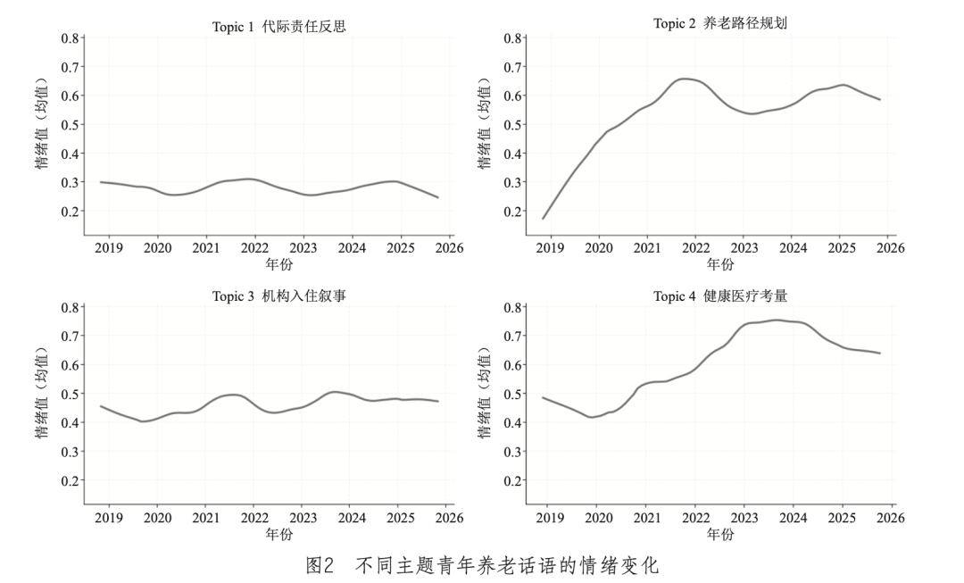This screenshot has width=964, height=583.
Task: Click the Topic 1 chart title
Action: click(279, 27)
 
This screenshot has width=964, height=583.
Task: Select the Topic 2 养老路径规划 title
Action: click(720, 23)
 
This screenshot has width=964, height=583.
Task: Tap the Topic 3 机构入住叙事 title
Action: click(279, 296)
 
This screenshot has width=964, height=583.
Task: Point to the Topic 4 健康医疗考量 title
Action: click(720, 296)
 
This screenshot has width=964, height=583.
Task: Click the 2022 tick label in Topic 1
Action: click(254, 248)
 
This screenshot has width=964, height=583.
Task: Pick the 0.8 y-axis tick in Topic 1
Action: click(71, 38)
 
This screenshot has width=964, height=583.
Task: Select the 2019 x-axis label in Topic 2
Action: click(550, 248)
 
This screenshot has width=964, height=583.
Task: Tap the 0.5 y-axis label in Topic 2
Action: click(512, 125)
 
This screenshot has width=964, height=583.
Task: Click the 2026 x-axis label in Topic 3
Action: click(449, 518)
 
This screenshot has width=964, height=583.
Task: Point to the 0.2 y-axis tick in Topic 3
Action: click(71, 481)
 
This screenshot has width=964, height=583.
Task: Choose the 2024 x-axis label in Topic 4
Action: click(794, 518)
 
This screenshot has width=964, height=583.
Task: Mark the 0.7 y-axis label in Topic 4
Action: click(512, 336)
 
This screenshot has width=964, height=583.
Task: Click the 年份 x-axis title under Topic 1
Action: click(279, 264)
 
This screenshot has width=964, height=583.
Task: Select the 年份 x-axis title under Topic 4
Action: click(720, 534)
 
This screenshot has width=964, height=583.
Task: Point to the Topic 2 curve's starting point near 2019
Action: click(543, 219)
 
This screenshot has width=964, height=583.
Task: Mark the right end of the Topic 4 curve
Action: click(880, 353)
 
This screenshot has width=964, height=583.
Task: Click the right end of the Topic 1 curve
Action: click(437, 197)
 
